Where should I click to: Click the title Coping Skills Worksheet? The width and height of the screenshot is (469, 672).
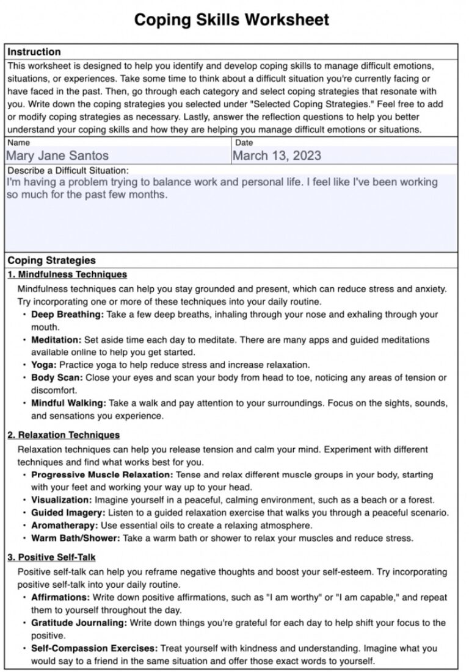point(231,20)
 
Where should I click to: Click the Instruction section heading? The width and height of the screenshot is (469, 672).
point(34,52)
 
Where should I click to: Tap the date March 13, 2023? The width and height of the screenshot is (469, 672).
point(277,155)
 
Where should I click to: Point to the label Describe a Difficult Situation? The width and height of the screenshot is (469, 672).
point(68,171)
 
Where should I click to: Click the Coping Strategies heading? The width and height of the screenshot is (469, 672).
point(51,260)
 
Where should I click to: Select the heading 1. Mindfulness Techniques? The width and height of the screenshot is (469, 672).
point(67,274)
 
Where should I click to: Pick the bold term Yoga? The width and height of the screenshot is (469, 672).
point(44,365)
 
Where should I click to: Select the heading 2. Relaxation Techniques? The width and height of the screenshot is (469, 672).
point(64,435)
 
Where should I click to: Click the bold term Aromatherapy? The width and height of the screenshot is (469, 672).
point(65,525)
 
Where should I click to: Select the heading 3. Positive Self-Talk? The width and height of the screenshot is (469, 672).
point(51,557)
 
